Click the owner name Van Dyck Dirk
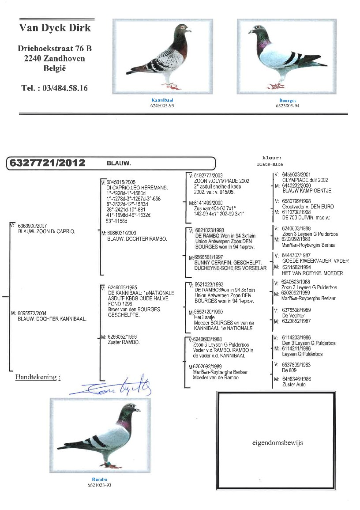tap(55, 28)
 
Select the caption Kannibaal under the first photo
tap(159, 100)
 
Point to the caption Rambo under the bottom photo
tap(100, 480)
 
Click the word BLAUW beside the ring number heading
tap(119, 163)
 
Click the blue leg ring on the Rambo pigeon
tap(107, 463)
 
